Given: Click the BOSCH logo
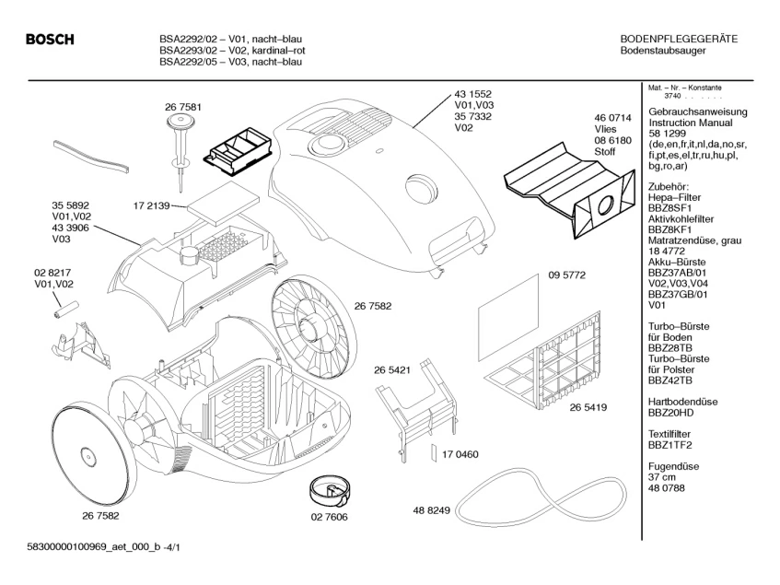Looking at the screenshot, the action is [x=50, y=40].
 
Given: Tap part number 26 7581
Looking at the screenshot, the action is [x=183, y=107].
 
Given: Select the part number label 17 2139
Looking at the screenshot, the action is [x=151, y=205].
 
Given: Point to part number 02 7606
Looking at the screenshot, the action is [x=330, y=517].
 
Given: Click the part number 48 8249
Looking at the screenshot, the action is [x=431, y=510].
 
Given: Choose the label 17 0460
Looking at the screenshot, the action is [x=460, y=454].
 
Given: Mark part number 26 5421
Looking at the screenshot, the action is [x=392, y=370].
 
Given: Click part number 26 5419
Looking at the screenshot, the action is [x=588, y=407].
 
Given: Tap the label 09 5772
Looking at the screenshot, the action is [x=566, y=275].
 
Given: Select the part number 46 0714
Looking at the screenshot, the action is [x=613, y=118].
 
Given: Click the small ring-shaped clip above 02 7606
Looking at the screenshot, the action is [x=329, y=489].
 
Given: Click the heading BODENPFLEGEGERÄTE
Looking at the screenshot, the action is [x=679, y=40].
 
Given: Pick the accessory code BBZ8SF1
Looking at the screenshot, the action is [x=669, y=208].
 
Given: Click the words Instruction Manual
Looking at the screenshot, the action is [x=691, y=123].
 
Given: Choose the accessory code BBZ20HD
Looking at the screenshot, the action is [x=670, y=413].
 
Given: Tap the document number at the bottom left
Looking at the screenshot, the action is [x=103, y=548].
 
